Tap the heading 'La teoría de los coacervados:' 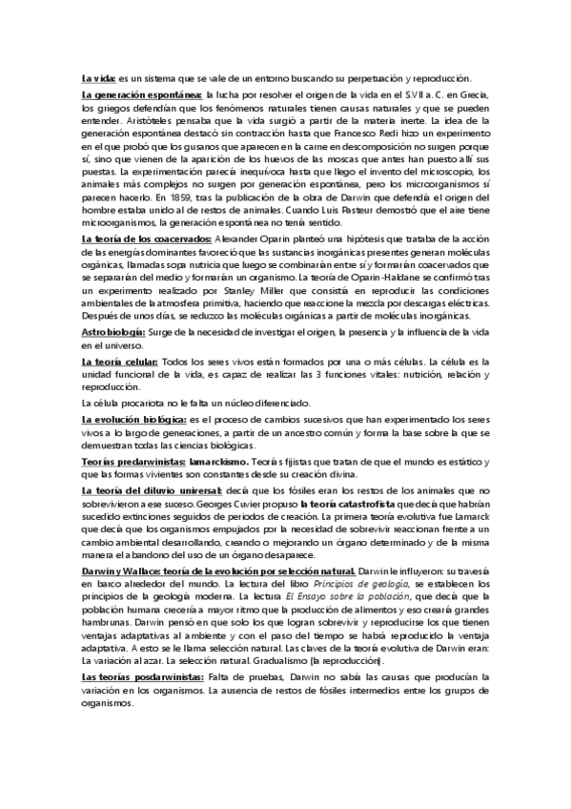tap(148, 212)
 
